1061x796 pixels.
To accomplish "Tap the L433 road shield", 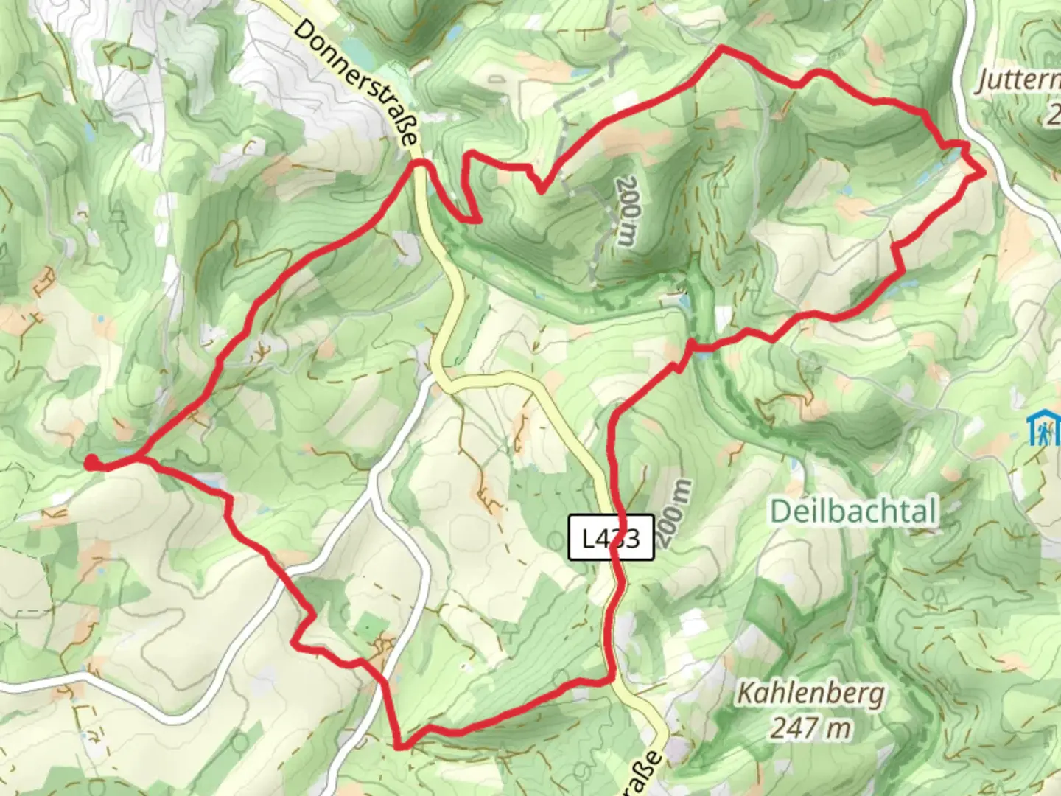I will point(612,537).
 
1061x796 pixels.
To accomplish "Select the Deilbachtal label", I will point(854,511).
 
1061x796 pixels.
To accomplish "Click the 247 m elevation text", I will point(810,729).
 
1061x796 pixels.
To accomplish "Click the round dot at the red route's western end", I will point(90,462).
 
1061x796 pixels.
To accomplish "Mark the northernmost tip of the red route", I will point(721,48).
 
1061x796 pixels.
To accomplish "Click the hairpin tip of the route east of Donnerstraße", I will point(479,219).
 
